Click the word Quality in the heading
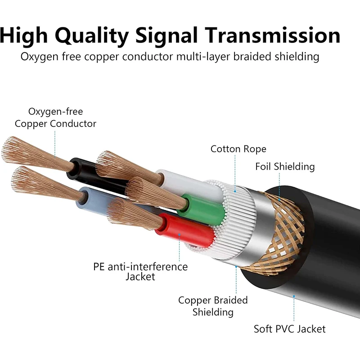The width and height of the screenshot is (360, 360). (x=92, y=36)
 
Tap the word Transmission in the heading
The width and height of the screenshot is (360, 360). (x=272, y=35)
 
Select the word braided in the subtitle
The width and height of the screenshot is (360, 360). (x=252, y=57)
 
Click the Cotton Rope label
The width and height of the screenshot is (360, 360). (x=238, y=149)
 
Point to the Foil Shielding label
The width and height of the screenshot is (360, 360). (x=285, y=166)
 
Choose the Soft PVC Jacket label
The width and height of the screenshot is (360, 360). (x=289, y=329)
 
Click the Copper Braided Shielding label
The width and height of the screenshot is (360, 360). (x=213, y=306)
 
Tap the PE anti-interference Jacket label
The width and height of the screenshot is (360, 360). (x=140, y=272)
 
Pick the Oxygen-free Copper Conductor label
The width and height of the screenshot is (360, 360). (x=55, y=117)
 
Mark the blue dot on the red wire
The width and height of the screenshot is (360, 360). (x=179, y=234)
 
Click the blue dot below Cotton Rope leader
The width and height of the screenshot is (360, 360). (x=235, y=191)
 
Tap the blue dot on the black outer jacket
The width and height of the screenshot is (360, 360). (x=294, y=297)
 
